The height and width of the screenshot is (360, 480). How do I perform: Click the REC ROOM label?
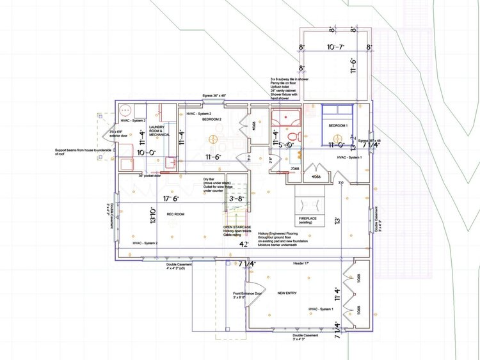click(x=175, y=214)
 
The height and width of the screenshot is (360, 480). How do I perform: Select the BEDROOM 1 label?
click(x=339, y=125)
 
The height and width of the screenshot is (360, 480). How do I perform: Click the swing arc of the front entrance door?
click(x=253, y=291)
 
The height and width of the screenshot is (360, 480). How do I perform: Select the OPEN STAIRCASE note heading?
click(x=236, y=227)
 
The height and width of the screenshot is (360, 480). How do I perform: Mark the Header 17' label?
click(x=301, y=263)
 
